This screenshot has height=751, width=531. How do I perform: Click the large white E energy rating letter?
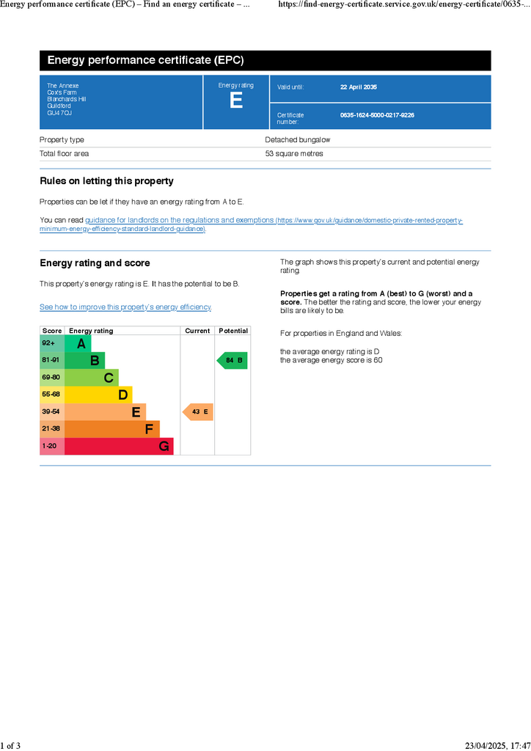pos(235,101)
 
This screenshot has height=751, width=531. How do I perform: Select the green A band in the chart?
pos(78,343)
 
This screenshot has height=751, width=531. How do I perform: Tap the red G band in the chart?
pos(119,446)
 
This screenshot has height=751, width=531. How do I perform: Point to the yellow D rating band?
pos(98,395)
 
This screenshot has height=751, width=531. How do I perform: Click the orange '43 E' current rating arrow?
pos(198,412)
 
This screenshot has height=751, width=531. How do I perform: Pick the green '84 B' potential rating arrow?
pos(232,360)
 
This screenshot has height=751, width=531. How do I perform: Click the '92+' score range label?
pos(48,343)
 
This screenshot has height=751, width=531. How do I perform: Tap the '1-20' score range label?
pos(49,446)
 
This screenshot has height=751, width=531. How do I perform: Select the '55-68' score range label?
pos(51,395)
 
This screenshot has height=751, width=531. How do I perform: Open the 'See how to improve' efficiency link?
pos(125,307)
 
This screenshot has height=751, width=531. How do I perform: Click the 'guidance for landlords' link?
pos(180,220)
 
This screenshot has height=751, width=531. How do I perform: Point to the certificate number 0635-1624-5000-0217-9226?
pos(377,115)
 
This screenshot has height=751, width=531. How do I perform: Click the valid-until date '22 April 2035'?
pos(359,87)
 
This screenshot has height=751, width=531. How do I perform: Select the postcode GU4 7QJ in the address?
pos(59,113)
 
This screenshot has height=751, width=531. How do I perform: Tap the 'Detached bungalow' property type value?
pos(298,140)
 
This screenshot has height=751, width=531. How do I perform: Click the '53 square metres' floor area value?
pos(294,154)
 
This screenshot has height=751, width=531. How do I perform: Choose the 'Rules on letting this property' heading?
pos(106,181)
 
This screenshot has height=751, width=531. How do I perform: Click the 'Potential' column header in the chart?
pos(233,331)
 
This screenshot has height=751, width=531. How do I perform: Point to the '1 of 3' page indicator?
pos(10,746)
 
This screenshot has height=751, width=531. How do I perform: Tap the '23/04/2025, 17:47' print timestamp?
pos(497,746)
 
